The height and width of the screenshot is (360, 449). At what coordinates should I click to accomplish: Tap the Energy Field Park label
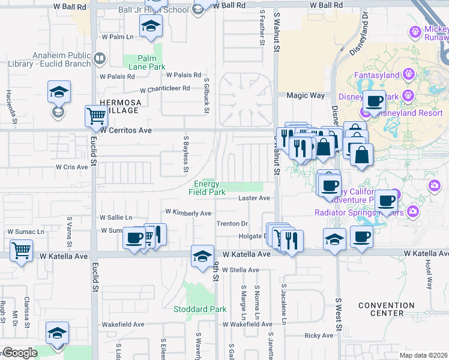[207, 188]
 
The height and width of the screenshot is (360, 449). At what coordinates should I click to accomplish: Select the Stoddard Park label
[200, 310]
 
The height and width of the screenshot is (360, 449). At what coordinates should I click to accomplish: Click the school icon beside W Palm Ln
[151, 26]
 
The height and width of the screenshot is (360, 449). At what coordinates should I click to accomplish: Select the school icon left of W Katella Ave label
[203, 256]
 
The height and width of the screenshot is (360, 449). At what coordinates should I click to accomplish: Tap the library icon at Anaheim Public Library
[100, 59]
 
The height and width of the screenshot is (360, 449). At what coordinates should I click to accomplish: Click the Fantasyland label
[376, 76]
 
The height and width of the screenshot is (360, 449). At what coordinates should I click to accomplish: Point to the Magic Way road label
[305, 95]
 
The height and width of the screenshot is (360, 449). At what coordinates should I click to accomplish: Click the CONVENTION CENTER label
[387, 309]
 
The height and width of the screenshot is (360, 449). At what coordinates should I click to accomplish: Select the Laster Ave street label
[255, 198]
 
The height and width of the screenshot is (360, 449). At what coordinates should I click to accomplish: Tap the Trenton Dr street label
[232, 224]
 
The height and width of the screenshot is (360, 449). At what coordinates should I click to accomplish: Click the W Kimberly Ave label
[188, 213]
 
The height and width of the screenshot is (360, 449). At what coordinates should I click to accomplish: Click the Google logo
[20, 353]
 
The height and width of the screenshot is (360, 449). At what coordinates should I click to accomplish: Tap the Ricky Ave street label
[318, 336]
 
